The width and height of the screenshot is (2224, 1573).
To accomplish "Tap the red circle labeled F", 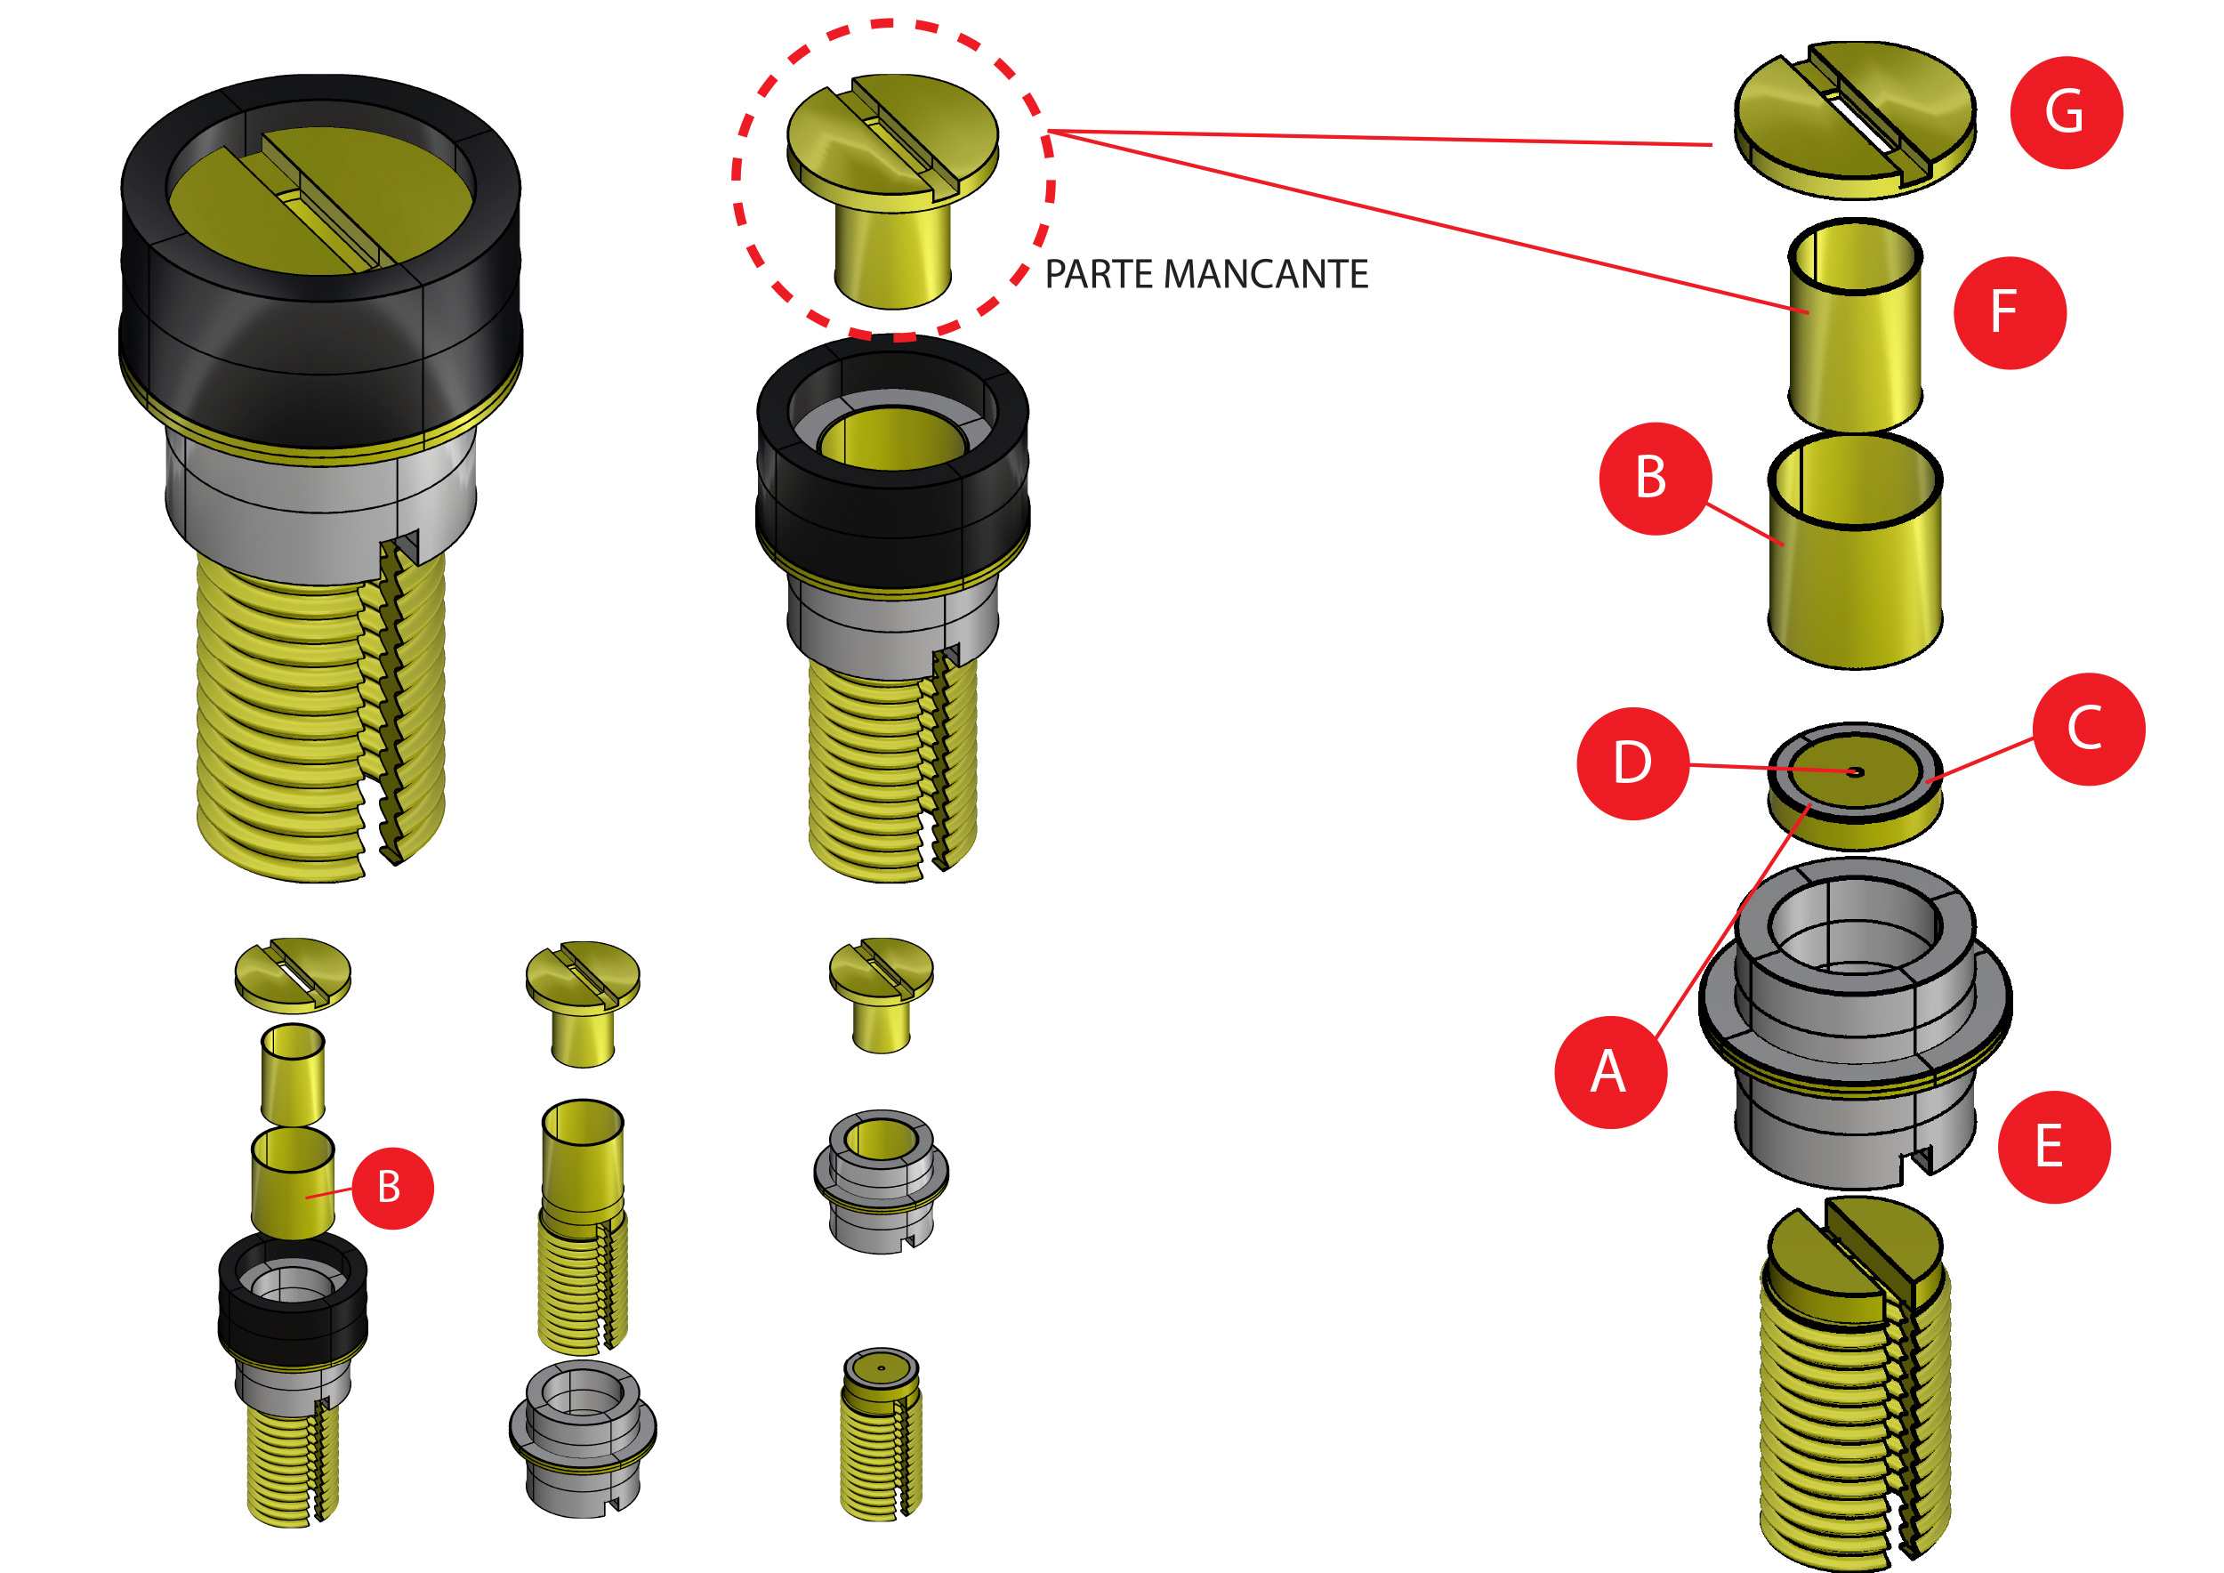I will coord(2009,312).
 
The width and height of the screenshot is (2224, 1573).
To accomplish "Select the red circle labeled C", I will coord(2089,729).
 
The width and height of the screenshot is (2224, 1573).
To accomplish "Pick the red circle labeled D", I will coord(1633,763).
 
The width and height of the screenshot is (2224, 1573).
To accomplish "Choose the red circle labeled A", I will coord(1610,1072).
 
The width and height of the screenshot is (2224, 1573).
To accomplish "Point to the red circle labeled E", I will coord(2053,1147).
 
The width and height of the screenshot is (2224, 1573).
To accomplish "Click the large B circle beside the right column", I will coord(1655,479).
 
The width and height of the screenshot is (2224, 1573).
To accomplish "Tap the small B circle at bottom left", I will coord(391,1188).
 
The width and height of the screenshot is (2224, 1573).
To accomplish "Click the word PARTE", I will coord(1100,274).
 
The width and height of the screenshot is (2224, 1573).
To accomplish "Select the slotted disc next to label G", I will coord(1853,121).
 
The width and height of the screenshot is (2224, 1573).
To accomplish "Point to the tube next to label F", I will coord(1853,329).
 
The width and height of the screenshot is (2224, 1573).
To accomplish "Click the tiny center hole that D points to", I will coord(1855,772).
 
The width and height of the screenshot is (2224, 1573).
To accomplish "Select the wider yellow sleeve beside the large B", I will coord(1854,571).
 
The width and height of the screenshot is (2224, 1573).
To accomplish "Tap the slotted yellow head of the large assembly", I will coord(319,204).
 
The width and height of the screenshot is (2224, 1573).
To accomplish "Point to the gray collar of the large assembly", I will coord(319,513).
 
